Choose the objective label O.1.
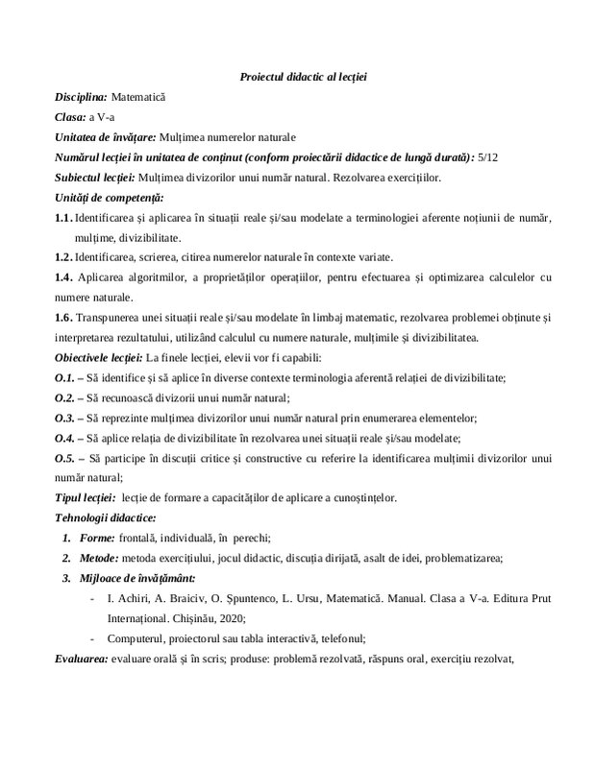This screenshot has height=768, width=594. (x=65, y=377)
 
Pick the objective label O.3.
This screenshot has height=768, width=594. (x=65, y=418)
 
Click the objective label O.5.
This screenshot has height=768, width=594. (x=65, y=458)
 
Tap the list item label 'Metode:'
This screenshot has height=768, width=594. (x=99, y=558)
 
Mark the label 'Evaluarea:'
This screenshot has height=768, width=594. (x=81, y=659)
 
